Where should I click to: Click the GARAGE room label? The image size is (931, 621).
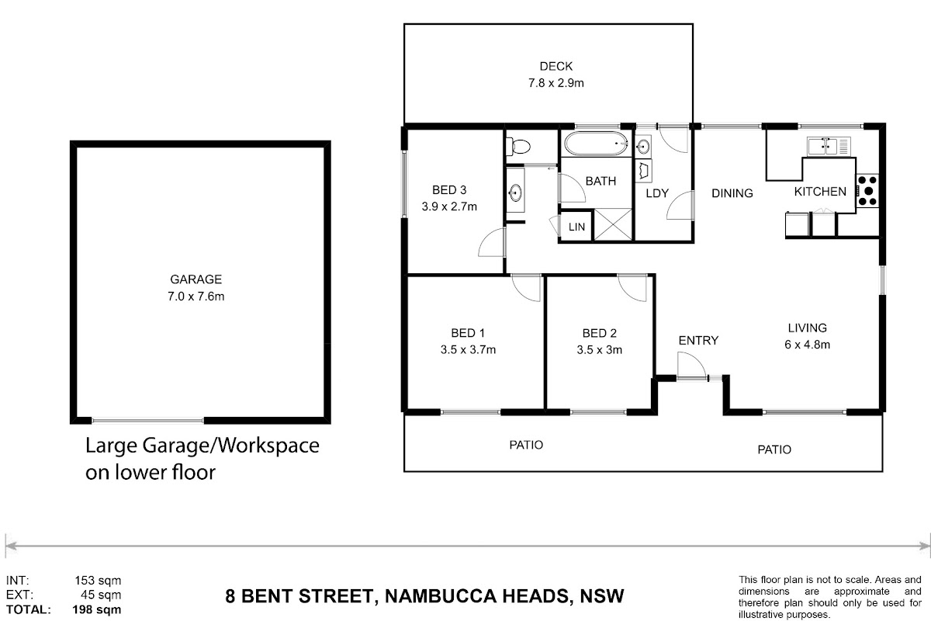(x=196, y=279)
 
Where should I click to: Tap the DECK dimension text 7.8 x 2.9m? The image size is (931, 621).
(x=556, y=83)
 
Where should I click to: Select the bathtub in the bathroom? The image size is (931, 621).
(x=596, y=144)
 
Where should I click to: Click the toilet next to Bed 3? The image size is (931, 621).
(x=518, y=147)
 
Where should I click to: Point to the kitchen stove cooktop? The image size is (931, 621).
(x=867, y=191)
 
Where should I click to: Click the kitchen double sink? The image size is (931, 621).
(x=829, y=146)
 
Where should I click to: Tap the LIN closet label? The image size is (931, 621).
(x=576, y=227)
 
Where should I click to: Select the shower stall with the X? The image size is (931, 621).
(x=613, y=224)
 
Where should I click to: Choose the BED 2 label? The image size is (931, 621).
(x=599, y=333)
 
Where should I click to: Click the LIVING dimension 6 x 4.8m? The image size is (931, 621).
(x=807, y=345)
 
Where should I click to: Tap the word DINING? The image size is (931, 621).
(x=732, y=193)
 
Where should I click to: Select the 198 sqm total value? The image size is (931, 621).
(x=97, y=610)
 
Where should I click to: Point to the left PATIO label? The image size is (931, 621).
(x=526, y=445)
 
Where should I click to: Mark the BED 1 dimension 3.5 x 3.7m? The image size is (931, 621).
(x=468, y=349)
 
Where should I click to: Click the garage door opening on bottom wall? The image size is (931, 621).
(x=147, y=421)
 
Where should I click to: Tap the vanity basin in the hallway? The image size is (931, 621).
(x=515, y=193)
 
